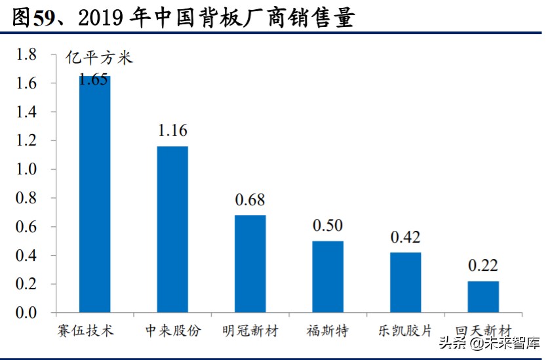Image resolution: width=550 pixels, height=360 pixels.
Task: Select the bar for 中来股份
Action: point(172,229)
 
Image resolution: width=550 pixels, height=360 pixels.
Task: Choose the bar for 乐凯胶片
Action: point(405,283)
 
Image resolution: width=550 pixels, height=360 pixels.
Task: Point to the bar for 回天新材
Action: point(483,297)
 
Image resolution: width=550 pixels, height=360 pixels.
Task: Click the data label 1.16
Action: point(172,130)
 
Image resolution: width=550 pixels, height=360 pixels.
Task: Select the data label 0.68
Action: point(250,199)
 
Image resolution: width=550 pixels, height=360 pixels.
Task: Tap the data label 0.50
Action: point(328,226)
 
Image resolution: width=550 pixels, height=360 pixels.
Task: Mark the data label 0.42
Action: point(405,237)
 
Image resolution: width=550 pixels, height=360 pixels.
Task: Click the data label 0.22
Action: point(483,266)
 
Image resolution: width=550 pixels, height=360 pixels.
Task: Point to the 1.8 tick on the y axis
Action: point(27,55)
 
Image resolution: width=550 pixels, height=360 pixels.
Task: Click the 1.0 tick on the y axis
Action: point(27,170)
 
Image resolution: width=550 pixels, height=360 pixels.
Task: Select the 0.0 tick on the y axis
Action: point(27,313)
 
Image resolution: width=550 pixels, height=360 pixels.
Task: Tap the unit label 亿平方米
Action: point(99,58)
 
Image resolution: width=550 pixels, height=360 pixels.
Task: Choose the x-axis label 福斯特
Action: point(328,330)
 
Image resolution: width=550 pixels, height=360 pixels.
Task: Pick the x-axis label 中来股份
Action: point(172,330)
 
